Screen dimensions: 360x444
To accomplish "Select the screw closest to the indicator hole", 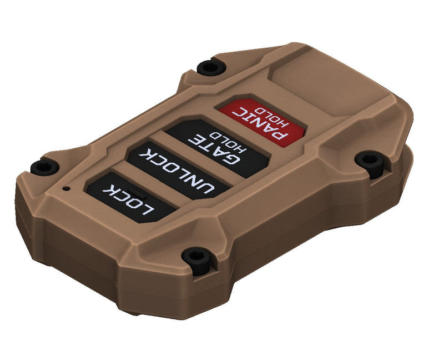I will click(42, 165).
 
